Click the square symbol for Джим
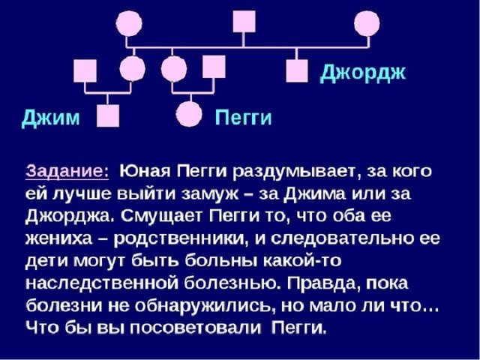coord(108,115)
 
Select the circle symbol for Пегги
coord(189,114)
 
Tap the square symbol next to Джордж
coord(297,70)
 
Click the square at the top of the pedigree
coord(244,21)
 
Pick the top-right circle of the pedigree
coord(367,23)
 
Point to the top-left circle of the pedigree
coord(129,23)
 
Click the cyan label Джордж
coord(363,73)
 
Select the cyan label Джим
coord(50,118)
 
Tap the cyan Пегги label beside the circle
coord(244,117)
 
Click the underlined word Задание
coord(67,172)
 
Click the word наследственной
coord(103,283)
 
